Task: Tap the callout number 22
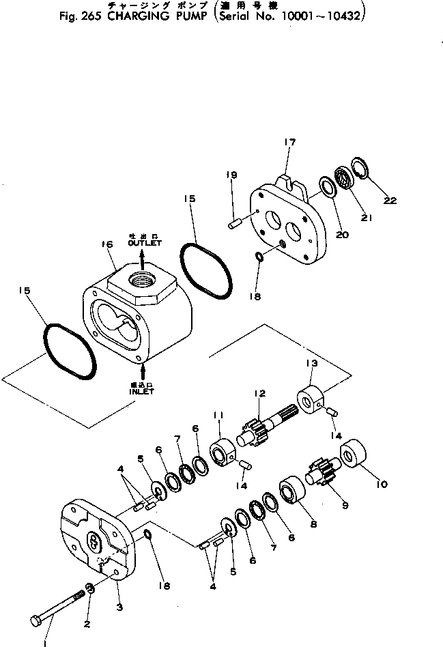click(390, 201)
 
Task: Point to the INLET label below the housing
click(141, 392)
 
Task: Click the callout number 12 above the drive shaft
click(259, 393)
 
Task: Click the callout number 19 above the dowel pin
click(231, 175)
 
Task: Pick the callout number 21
click(367, 218)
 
